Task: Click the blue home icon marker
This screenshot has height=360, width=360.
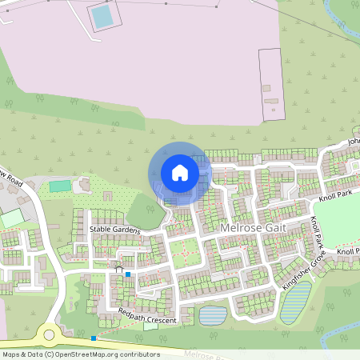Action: [x=180, y=172]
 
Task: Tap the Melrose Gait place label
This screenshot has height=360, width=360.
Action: [x=251, y=228]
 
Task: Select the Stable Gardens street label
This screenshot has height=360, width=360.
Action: [x=114, y=230]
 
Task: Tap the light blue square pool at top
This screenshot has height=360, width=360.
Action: [x=102, y=16]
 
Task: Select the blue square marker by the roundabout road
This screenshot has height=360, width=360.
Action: [x=94, y=338]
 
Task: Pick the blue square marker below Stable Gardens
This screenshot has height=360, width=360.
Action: [x=128, y=274]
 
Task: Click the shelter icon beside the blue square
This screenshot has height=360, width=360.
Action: [x=119, y=266]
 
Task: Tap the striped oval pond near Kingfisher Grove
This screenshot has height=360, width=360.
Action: [x=294, y=302]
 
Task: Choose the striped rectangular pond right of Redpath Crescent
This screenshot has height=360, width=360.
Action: [x=212, y=315]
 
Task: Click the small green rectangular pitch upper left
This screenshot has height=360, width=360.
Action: [x=60, y=186]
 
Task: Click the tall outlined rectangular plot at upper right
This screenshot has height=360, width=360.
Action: [x=270, y=84]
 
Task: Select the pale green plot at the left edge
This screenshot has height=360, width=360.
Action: [x=11, y=218]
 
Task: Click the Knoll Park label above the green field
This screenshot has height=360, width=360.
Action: [x=334, y=196]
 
